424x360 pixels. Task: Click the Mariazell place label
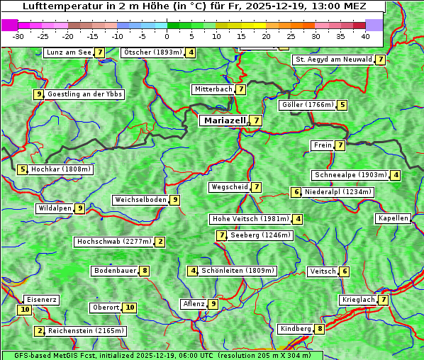[x=224, y=120]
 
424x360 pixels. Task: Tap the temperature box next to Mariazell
[x=255, y=120]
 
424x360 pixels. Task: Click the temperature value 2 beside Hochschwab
[x=160, y=242]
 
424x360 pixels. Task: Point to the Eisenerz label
[x=41, y=300]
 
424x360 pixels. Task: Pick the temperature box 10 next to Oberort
[x=129, y=308]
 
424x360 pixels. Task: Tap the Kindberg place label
[x=295, y=329]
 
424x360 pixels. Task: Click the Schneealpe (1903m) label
[x=350, y=175]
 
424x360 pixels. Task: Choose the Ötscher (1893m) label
[x=152, y=52]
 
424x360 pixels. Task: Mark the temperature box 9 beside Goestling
[x=38, y=94]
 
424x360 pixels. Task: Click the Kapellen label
[x=394, y=218]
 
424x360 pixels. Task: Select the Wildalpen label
[x=55, y=208]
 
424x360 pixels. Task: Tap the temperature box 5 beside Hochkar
[x=23, y=169]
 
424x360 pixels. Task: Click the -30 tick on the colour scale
[x=18, y=35]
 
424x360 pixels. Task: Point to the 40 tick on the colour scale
[x=365, y=35]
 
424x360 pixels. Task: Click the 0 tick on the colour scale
[x=167, y=35]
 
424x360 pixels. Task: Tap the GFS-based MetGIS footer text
[x=162, y=355]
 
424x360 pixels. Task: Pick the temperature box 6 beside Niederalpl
[x=296, y=192]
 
